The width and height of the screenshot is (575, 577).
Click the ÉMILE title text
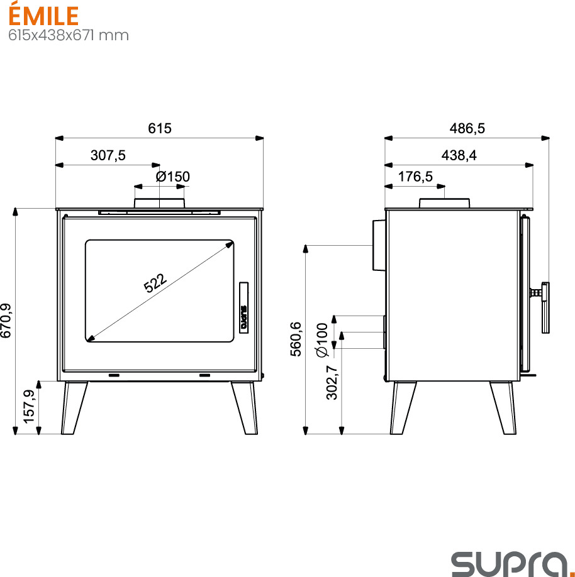(x=43, y=15)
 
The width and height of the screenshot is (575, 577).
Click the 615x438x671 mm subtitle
(x=69, y=35)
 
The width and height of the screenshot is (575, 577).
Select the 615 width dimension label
(x=160, y=128)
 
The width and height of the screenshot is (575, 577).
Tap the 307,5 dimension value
(x=108, y=155)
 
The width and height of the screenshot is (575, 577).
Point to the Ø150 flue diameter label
(x=173, y=177)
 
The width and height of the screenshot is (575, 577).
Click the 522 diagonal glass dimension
(x=155, y=283)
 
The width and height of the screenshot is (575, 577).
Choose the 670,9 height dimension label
(x=6, y=321)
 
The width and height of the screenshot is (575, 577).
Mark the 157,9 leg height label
(x=29, y=407)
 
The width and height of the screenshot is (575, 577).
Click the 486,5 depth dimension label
(x=467, y=128)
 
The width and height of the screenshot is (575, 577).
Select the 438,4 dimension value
(x=459, y=155)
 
